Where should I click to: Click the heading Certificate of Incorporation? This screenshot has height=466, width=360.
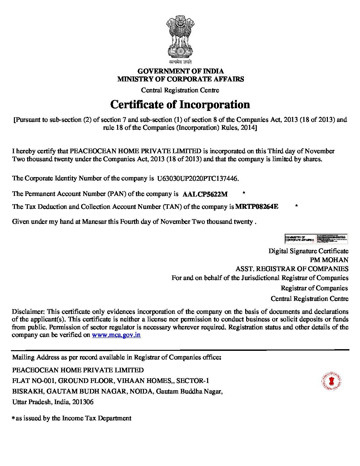[180, 105]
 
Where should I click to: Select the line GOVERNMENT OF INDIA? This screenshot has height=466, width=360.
[180, 71]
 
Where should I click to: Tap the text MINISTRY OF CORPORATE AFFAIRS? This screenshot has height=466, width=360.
[180, 79]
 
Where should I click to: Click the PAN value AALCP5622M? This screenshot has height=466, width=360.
[205, 194]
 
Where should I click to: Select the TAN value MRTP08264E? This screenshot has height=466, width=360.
[257, 207]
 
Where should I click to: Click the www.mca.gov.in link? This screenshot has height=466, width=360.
[116, 335]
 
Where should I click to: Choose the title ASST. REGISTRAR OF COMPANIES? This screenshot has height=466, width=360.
[292, 269]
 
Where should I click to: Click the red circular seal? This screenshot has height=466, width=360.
[331, 381]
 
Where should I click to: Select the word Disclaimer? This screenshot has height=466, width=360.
[28, 311]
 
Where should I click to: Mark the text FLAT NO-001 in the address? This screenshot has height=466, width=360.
[33, 381]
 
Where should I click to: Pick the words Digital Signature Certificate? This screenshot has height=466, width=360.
[308, 251]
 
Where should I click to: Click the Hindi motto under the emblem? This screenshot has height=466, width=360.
[180, 62]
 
